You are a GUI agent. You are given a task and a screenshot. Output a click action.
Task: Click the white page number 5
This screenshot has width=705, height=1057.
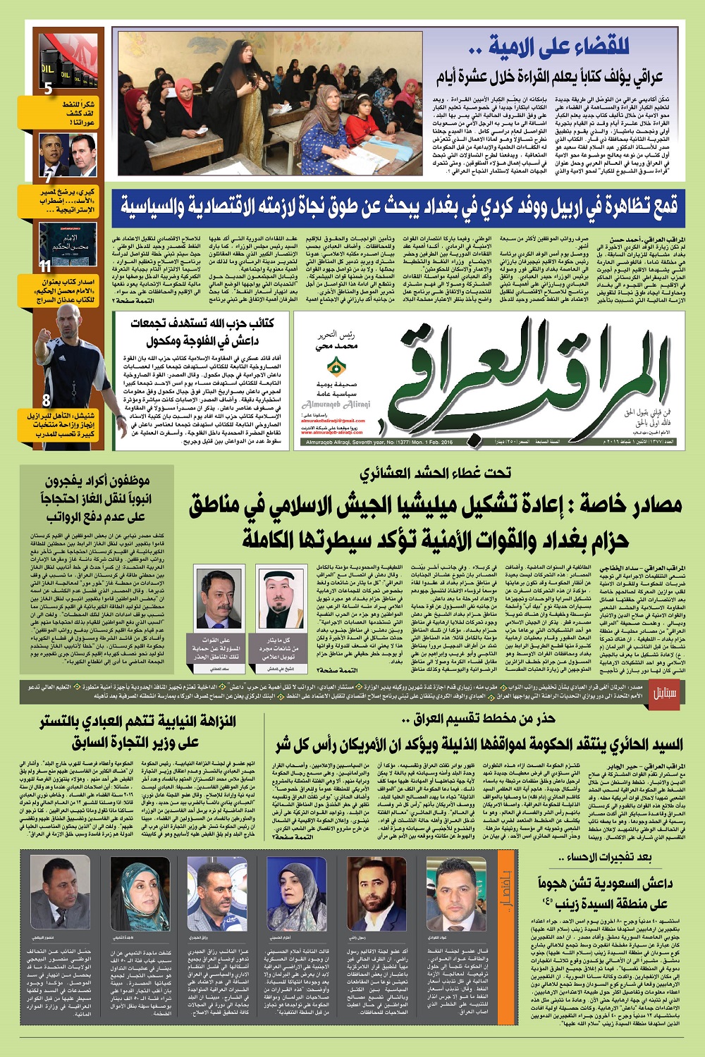[48, 89]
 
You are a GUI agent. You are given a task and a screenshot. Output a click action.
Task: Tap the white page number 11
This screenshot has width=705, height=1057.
[45, 266]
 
